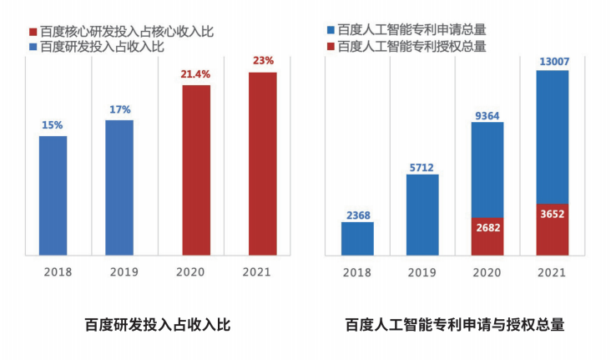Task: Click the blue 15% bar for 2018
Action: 53,195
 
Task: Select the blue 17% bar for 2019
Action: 119,188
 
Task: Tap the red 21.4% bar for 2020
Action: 196,170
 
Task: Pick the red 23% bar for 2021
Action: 263,164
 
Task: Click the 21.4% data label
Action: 195,74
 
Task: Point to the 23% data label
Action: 264,61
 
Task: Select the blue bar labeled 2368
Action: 357,239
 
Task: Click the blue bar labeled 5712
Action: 422,215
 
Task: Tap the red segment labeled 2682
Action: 487,236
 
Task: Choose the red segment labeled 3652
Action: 553,230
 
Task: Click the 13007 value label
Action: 554,62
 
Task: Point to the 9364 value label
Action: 487,116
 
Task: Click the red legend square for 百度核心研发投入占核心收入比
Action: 33,32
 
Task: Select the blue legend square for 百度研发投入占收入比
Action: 33,47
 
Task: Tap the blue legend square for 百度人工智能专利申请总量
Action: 331,30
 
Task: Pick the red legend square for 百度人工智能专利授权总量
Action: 331,47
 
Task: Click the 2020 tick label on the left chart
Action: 190,271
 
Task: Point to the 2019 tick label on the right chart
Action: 422,272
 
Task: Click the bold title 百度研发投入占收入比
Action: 158,325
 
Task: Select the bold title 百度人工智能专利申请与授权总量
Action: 455,325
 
